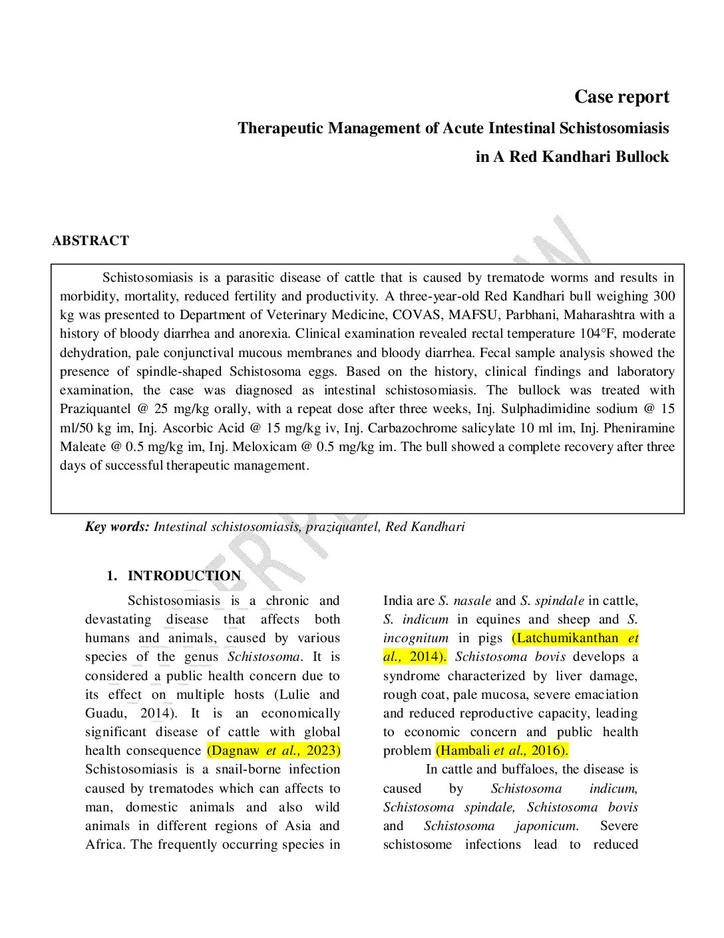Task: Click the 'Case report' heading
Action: tap(622, 97)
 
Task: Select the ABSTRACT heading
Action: tap(90, 241)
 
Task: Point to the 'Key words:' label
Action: tap(117, 527)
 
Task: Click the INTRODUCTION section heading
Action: tap(184, 576)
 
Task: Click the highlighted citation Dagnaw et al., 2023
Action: tap(273, 751)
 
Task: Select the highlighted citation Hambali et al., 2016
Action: tap(502, 751)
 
